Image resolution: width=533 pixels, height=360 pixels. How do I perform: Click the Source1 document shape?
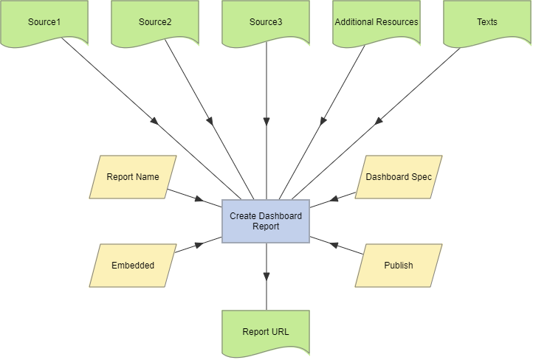pos(44,22)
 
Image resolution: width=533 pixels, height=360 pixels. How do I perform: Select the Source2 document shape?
pos(155,22)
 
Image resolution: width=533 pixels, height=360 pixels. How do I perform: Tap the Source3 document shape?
pos(266,22)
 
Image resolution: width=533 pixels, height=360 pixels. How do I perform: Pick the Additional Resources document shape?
pos(376,22)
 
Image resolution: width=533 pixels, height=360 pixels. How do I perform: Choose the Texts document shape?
pos(487,22)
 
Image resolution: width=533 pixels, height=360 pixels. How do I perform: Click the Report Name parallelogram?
pos(133,177)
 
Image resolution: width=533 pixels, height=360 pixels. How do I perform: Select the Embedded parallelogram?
pos(133,265)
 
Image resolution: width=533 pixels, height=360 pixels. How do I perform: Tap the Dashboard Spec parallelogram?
pos(399,177)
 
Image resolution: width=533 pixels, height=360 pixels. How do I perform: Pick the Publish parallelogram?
pos(399,265)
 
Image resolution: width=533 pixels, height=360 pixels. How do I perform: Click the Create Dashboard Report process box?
pos(266,221)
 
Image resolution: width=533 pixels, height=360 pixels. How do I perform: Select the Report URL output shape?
pos(266,332)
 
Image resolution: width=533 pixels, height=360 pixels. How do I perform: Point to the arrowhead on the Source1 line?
pos(155,121)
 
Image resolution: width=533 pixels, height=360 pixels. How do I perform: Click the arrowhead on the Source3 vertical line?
pos(266,121)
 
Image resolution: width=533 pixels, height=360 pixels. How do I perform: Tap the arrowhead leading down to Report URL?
pos(266,277)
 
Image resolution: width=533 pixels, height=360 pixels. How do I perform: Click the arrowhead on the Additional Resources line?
pos(323,120)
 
